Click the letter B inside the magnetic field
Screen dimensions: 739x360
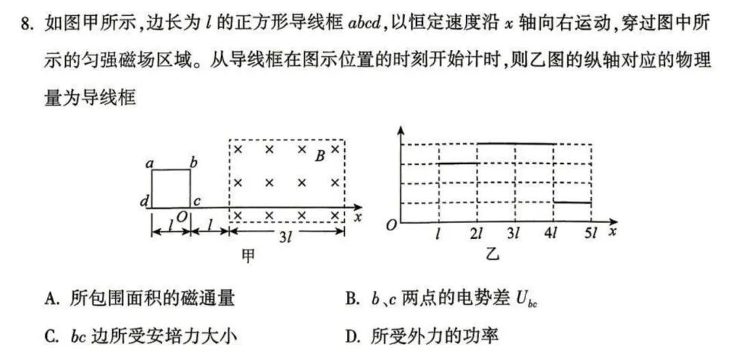coord(320,156)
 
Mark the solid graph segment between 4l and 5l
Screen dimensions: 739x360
coord(573,203)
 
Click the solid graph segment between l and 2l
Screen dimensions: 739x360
coord(457,164)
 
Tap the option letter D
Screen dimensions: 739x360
coord(352,336)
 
